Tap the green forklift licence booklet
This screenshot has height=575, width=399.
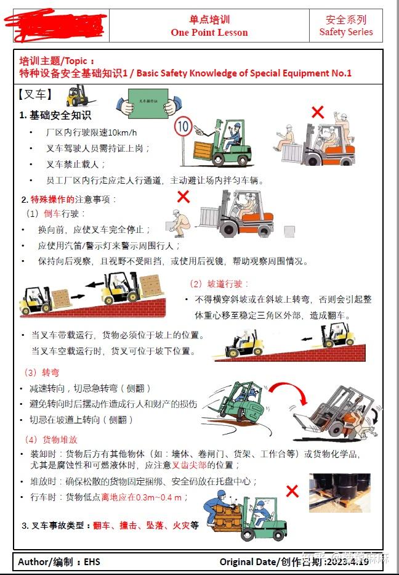(x=148, y=102)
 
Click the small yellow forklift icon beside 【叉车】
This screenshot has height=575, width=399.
(x=78, y=96)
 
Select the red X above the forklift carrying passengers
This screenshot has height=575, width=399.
(x=317, y=112)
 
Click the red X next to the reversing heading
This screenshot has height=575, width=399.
(x=183, y=197)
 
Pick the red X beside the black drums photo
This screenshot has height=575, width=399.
(x=292, y=491)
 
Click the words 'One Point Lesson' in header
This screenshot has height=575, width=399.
(x=209, y=33)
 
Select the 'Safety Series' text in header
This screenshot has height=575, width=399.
(x=346, y=32)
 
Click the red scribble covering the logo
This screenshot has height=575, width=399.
(x=55, y=26)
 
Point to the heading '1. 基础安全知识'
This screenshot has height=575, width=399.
(x=55, y=115)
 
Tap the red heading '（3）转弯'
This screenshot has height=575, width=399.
(x=41, y=373)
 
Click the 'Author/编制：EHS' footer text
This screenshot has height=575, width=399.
(x=59, y=561)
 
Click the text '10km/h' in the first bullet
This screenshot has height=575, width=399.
(x=123, y=133)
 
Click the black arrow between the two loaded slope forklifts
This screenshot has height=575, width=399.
(x=94, y=285)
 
